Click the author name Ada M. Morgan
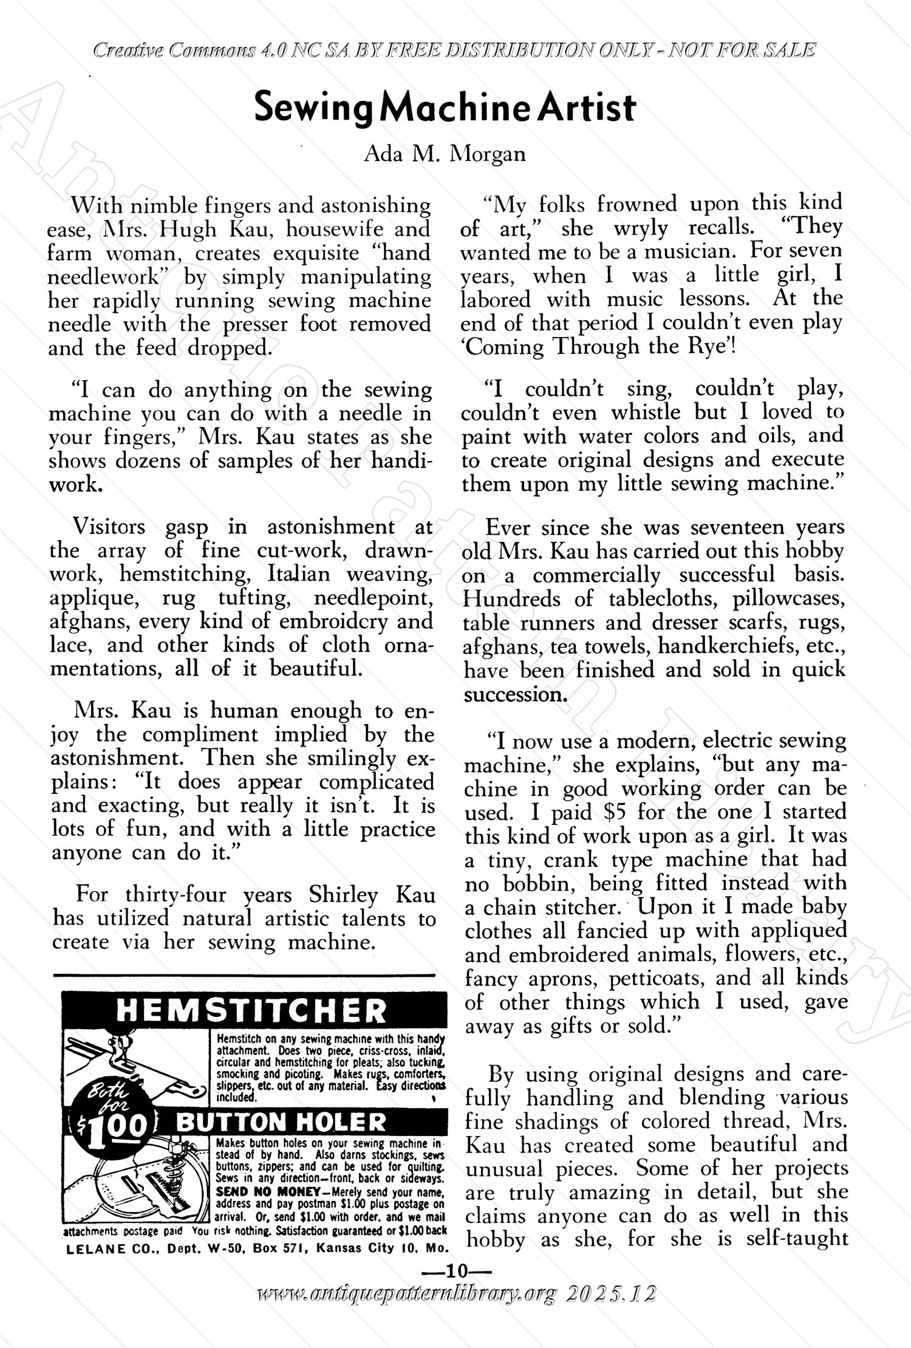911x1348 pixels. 444,154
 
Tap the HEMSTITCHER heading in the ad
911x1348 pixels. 251,1011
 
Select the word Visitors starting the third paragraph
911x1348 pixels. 109,526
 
